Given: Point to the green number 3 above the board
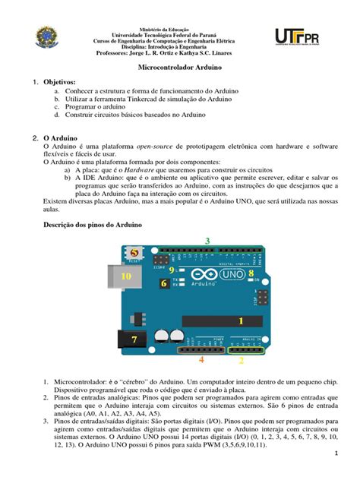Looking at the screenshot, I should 207,241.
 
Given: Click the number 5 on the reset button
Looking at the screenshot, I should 134,252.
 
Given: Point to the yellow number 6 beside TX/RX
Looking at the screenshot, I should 163,283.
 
